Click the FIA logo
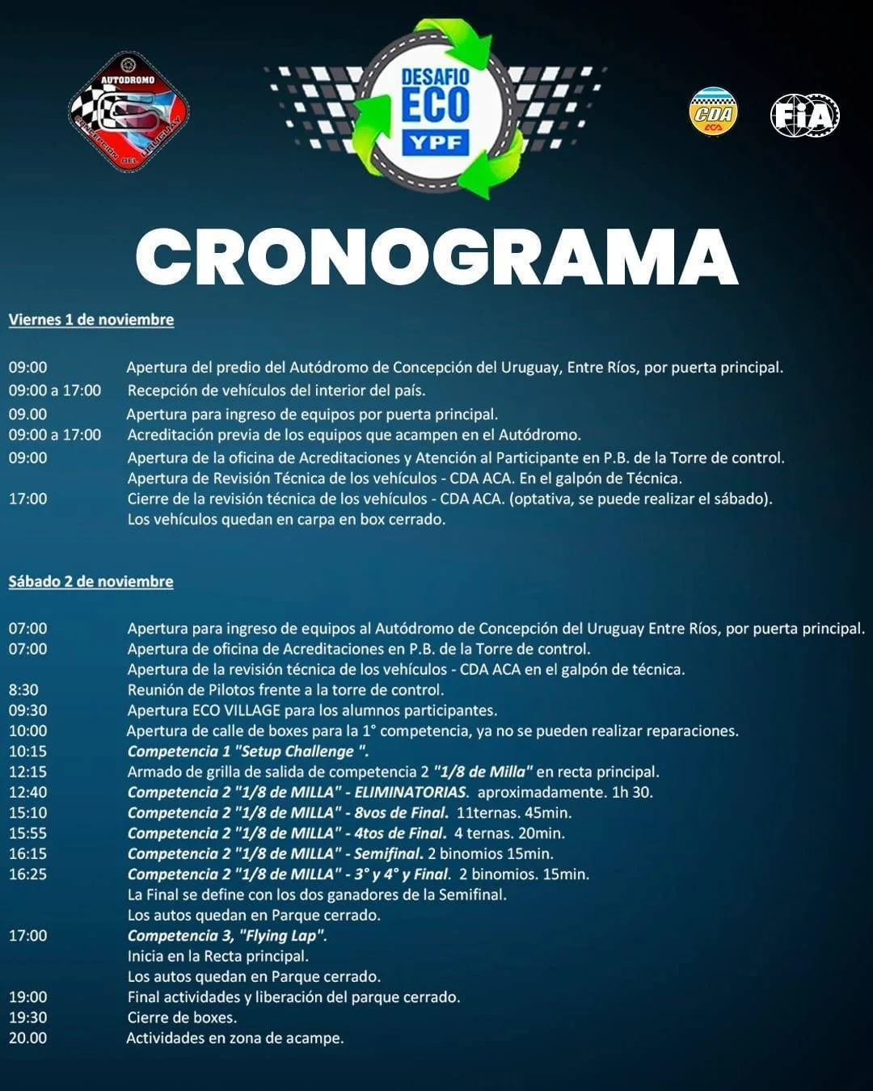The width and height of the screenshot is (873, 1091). click(x=805, y=115)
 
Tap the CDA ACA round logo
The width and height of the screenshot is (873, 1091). click(x=713, y=113)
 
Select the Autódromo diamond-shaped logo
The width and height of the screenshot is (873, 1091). click(x=129, y=112)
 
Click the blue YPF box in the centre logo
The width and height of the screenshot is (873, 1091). click(x=436, y=143)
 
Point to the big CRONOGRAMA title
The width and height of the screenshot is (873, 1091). click(x=436, y=256)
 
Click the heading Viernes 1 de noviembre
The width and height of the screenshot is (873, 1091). click(x=91, y=320)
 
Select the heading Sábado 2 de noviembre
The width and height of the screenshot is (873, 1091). click(x=91, y=582)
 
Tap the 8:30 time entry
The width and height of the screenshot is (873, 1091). click(x=23, y=690)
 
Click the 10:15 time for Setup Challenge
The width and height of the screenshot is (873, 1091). click(x=27, y=752)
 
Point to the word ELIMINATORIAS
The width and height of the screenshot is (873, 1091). click(x=411, y=792)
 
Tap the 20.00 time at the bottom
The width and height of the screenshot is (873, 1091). click(x=27, y=1038)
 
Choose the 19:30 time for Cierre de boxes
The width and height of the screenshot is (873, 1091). click(x=27, y=1017)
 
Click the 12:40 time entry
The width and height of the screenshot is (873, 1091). click(x=27, y=792)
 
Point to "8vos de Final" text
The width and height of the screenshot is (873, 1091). click(x=401, y=813)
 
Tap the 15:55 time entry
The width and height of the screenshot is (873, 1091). click(x=27, y=833)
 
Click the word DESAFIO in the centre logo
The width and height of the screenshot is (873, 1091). click(x=436, y=78)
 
